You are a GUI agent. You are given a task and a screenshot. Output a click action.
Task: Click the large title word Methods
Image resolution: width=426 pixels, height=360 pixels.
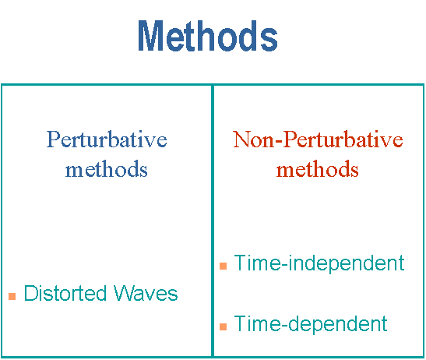coord(208,36)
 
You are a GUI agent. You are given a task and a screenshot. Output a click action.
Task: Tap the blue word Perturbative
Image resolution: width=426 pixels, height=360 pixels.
coord(107,139)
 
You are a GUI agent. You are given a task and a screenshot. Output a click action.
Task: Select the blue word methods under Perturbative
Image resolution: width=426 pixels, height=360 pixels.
coord(106,169)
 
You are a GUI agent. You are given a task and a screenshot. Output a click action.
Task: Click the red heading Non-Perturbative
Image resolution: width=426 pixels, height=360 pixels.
coord(318,139)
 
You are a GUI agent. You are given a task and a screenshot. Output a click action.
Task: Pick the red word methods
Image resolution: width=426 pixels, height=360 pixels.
coord(317,169)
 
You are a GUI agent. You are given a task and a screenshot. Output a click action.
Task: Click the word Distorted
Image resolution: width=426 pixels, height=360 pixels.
coord(65,293)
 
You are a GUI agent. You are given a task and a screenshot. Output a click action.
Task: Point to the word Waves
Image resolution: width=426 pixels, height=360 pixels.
coord(146,293)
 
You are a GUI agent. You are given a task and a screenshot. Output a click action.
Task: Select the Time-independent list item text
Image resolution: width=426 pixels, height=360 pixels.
coord(319,263)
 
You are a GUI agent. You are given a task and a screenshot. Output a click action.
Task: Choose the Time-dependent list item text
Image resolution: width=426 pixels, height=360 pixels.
coord(311,324)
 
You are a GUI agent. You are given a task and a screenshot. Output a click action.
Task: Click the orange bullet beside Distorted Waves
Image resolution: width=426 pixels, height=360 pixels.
coord(12,296)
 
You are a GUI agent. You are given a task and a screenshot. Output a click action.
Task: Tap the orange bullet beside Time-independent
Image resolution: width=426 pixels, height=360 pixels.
coord(223,266)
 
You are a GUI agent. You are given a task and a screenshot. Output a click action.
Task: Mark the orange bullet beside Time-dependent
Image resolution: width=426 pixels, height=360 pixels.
coord(223,326)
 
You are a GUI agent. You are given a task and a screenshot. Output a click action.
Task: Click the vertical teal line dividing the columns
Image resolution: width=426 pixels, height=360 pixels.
coord(213,221)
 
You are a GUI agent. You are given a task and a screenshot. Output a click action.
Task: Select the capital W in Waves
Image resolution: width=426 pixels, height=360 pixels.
coord(123,293)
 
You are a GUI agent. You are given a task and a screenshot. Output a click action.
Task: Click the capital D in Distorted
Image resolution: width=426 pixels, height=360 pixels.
coord(30,293)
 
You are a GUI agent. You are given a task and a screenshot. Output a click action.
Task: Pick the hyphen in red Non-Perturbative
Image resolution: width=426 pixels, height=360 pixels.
coord(280,142)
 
